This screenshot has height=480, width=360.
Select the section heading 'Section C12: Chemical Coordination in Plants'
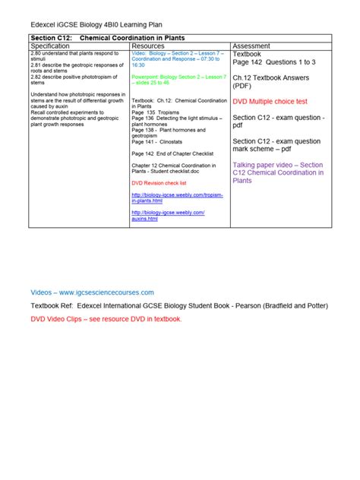pos(108,37)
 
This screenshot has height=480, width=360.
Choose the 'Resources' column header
pos(148,46)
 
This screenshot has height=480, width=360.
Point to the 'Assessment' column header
pos(252,46)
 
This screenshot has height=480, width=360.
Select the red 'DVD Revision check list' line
pos(159,183)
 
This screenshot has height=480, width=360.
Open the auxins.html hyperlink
pos(169,215)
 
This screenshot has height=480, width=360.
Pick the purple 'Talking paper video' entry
pos(279,172)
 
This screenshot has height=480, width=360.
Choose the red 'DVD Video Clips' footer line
pos(106,320)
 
